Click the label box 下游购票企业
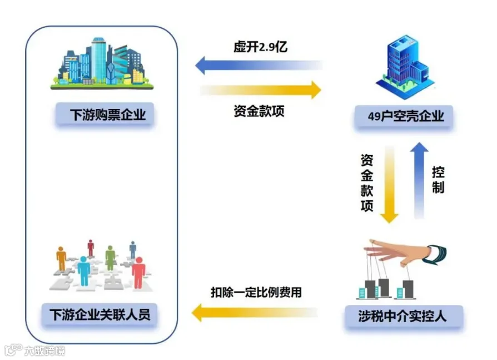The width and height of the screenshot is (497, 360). click(105, 115)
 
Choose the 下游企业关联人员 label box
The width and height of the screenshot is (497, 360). click(100, 315)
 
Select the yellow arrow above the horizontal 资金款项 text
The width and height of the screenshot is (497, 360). click(260, 90)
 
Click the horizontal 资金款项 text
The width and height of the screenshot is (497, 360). click(259, 111)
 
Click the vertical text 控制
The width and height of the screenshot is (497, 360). click(438, 179)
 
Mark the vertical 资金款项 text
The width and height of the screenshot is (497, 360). click(367, 183)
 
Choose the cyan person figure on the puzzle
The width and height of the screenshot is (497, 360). click(84, 271)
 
